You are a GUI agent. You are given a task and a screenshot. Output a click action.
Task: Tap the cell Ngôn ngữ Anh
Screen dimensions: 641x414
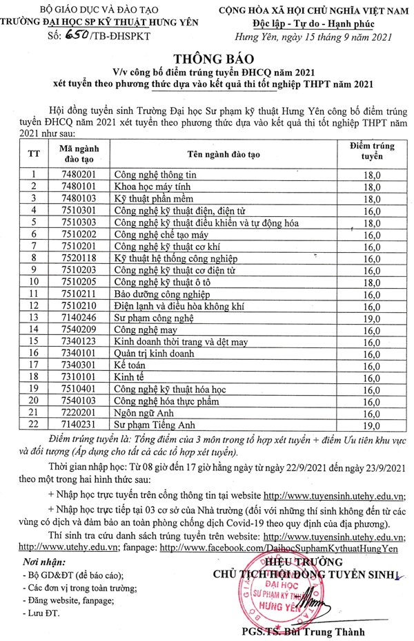141,414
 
